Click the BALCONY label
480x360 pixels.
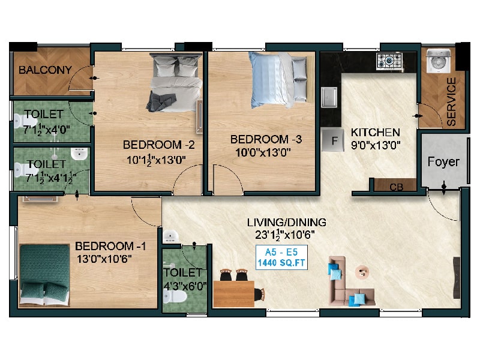point(45,70)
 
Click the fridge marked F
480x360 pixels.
point(333,140)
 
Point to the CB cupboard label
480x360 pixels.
point(396,187)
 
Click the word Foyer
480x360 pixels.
point(443,161)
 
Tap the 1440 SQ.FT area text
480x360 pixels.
point(281,263)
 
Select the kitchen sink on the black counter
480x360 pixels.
point(329,97)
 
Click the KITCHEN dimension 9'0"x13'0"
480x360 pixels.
point(376,145)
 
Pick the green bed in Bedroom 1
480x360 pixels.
point(44,275)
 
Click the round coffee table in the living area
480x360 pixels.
point(362,272)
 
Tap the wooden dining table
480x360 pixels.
point(234,294)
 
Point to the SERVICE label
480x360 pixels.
point(451,101)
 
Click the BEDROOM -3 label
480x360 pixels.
point(266,139)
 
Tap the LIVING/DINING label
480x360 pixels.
point(287,222)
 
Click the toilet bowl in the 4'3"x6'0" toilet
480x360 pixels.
point(175,296)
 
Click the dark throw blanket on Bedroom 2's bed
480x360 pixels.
point(161,101)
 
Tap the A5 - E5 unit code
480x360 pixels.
point(281,252)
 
